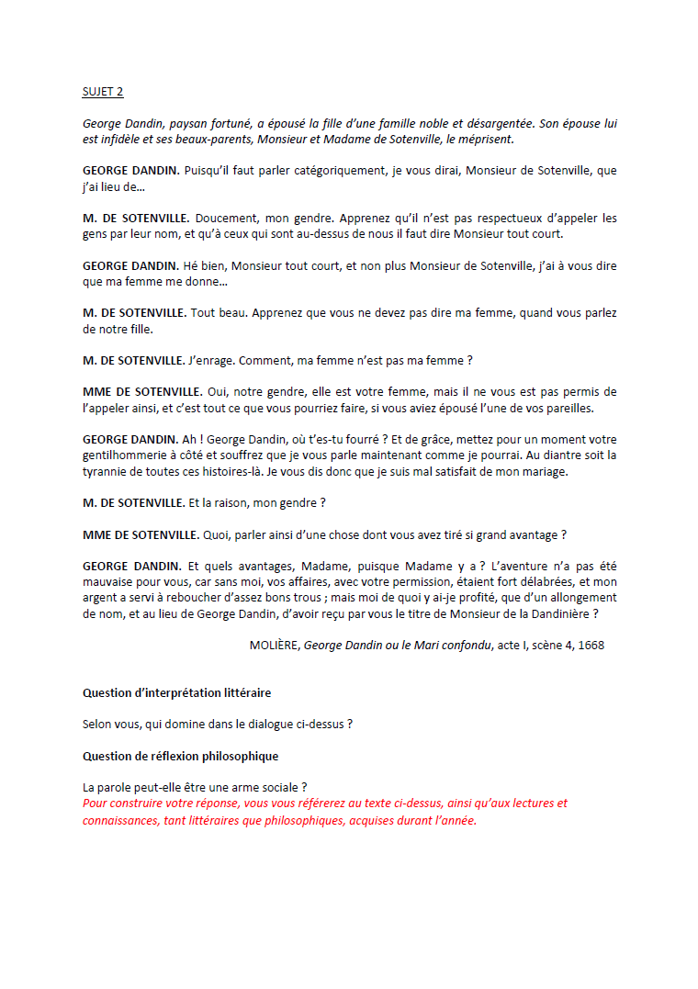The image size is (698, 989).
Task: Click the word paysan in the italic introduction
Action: click(x=168, y=123)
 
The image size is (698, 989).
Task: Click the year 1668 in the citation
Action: click(x=591, y=646)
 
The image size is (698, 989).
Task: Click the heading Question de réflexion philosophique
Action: click(x=180, y=756)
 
